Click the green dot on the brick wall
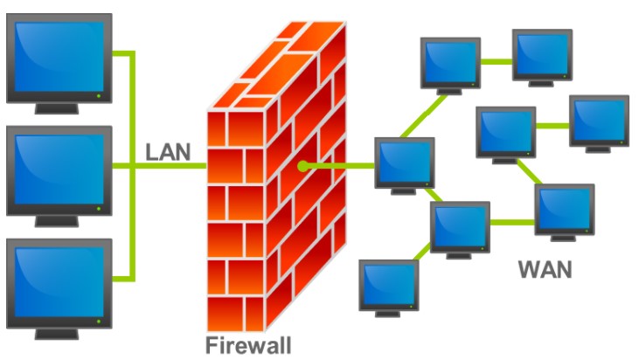(x=302, y=165)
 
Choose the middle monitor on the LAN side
(x=58, y=170)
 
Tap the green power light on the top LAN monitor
(x=99, y=95)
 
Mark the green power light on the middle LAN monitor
(x=99, y=208)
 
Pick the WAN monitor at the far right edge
(x=599, y=121)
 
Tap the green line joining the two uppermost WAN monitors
(x=496, y=62)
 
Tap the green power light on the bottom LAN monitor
(x=99, y=321)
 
